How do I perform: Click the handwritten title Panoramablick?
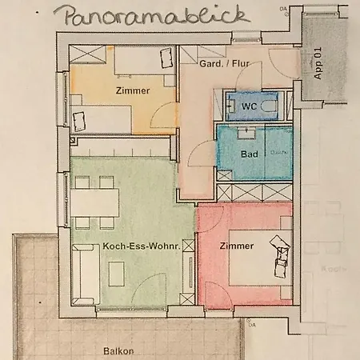click(x=134, y=16)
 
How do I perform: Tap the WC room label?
click(x=249, y=105)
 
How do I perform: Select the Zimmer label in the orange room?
click(x=132, y=90)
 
